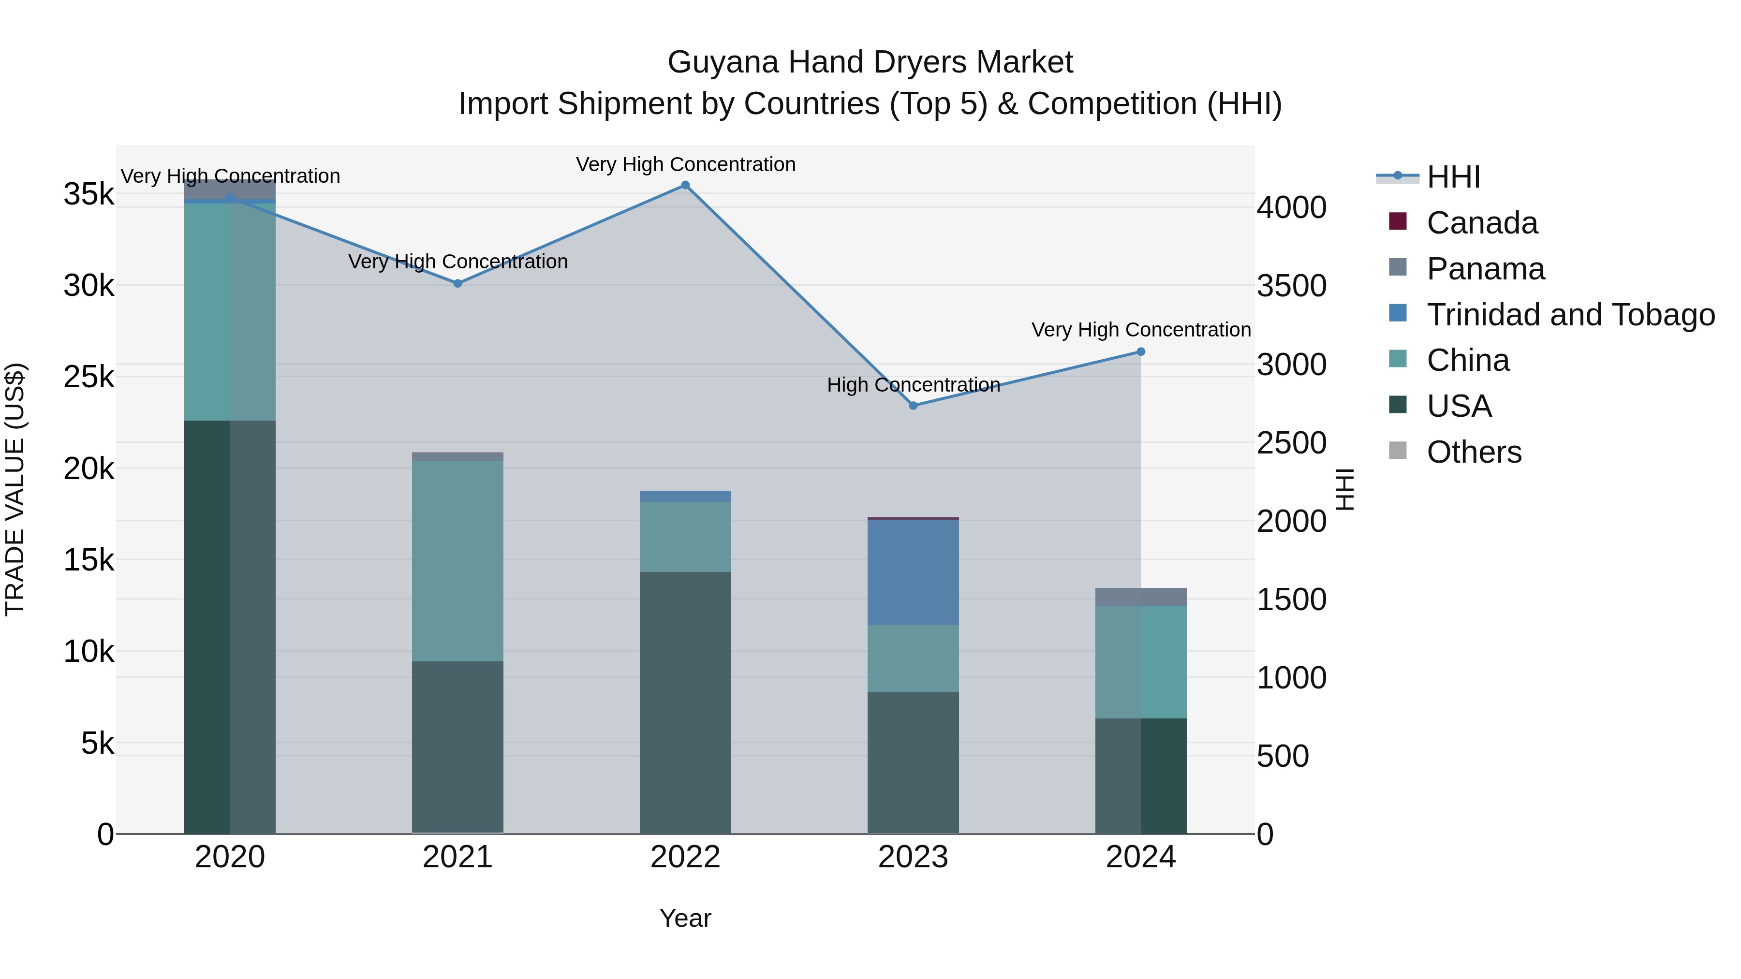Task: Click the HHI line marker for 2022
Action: [x=685, y=185]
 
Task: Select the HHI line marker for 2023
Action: [x=913, y=406]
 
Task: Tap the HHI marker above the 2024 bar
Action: [x=1140, y=351]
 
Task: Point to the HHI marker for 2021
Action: [x=457, y=283]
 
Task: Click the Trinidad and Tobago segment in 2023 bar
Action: [x=913, y=572]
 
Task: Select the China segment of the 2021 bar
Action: [x=457, y=561]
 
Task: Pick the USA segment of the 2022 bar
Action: [x=685, y=702]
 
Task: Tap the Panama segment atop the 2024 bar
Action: [x=1140, y=597]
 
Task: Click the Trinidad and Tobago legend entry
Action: [x=1569, y=315]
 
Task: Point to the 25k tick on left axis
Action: [x=89, y=377]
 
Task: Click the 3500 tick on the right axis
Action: [x=1291, y=286]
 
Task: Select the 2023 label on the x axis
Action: [x=913, y=857]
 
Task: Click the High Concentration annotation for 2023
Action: [x=913, y=384]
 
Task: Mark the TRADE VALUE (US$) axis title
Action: [x=15, y=489]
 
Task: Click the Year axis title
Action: [x=685, y=918]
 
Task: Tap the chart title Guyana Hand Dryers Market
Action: [x=870, y=62]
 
